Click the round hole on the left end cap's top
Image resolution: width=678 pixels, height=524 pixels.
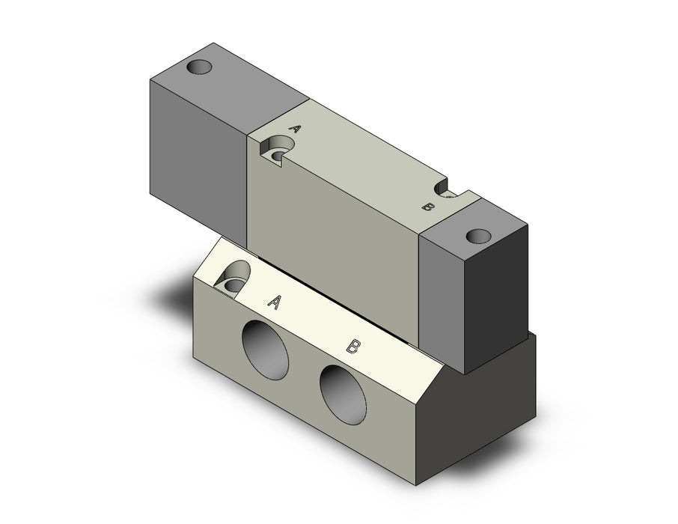click(200, 67)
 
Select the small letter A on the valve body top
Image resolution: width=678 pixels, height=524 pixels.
click(295, 129)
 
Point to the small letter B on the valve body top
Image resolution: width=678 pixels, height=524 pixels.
click(427, 207)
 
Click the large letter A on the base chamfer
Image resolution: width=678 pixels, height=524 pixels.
click(275, 302)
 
